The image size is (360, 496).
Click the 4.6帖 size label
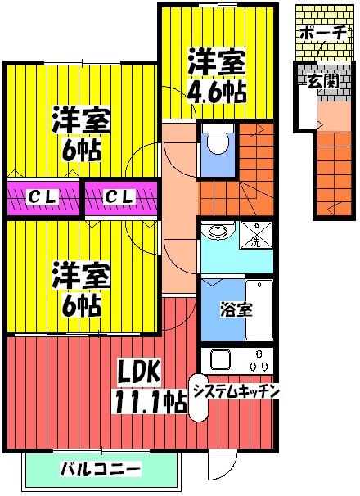point(218,90)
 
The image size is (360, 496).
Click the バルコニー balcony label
point(101,470)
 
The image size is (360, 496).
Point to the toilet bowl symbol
point(218,143)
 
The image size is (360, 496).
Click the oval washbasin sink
point(218,230)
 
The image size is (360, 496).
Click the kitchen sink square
point(222,359)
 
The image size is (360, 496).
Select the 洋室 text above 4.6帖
point(218,61)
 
